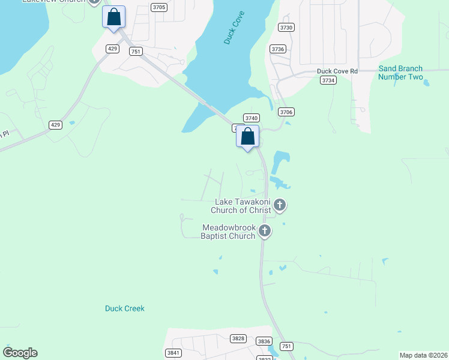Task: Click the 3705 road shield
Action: (159, 7)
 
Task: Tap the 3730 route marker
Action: (287, 28)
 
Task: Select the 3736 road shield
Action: (278, 49)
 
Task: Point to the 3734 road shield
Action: (328, 80)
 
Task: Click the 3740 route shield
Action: (251, 118)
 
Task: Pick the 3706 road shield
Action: (286, 112)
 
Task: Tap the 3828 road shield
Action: (238, 338)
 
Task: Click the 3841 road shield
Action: (174, 353)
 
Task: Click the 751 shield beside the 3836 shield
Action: (287, 347)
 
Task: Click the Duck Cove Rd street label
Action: (337, 71)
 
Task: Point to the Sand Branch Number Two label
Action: (400, 73)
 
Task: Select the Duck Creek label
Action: (125, 308)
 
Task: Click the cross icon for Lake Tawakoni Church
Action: (280, 206)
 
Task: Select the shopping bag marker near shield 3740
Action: (248, 137)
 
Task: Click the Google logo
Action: (20, 353)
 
